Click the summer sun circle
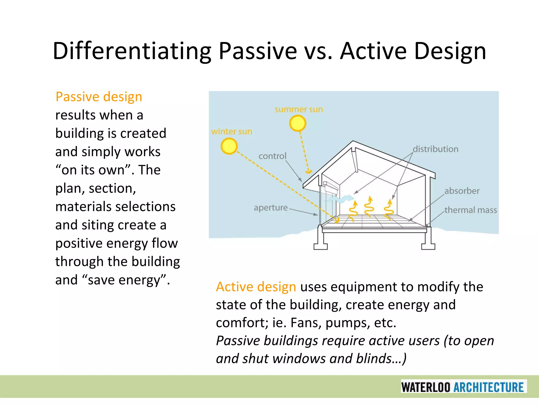coord(298,123)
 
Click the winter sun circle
coord(229,146)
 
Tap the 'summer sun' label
coord(299,109)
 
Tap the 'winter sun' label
coord(232,131)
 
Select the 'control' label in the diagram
coord(272,156)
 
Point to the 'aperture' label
coord(271,208)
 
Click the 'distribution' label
coord(435,149)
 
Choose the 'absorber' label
coord(462,191)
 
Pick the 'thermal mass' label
coord(471,210)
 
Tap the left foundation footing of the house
coord(320,246)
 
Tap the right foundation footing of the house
coord(428,246)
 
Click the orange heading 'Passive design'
coord(99,97)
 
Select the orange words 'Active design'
coord(256,287)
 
